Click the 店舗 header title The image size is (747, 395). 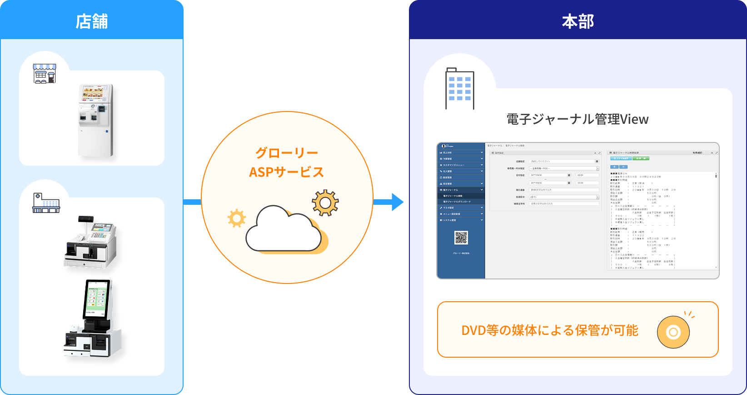pyautogui.click(x=92, y=21)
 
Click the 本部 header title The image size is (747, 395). pyautogui.click(x=578, y=21)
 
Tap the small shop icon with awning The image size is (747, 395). pyautogui.click(x=45, y=73)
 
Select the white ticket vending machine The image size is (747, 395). pyautogui.click(x=95, y=120)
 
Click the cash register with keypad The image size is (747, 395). pyautogui.click(x=91, y=242)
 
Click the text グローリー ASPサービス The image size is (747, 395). pyautogui.click(x=286, y=162)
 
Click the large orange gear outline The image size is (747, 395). pyautogui.click(x=325, y=203)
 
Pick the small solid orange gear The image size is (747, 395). pyautogui.click(x=237, y=218)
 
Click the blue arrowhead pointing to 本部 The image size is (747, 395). pyautogui.click(x=396, y=202)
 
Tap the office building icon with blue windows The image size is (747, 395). pyautogui.click(x=459, y=88)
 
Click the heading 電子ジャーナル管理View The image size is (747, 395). pyautogui.click(x=578, y=119)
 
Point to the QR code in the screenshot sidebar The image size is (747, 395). pyautogui.click(x=461, y=238)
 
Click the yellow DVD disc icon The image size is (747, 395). pyautogui.click(x=673, y=332)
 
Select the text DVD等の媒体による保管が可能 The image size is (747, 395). pyautogui.click(x=550, y=330)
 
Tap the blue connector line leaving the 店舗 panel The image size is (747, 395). pyautogui.click(x=192, y=202)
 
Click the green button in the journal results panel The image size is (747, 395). pyautogui.click(x=640, y=158)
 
